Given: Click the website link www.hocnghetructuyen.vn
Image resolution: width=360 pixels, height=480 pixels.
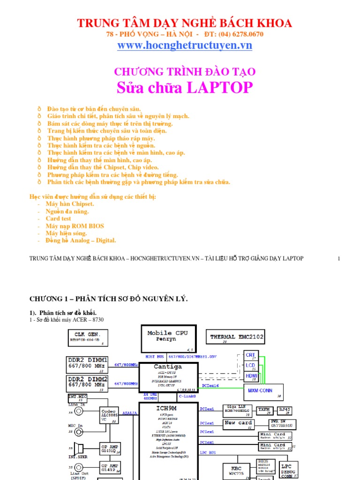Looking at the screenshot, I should click(x=185, y=45).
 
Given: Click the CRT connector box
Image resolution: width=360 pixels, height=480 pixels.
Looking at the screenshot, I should click(x=251, y=356).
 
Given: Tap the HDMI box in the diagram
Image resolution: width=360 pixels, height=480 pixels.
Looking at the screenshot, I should click(x=251, y=376).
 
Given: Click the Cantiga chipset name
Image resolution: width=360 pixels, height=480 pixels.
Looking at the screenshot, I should click(x=167, y=367).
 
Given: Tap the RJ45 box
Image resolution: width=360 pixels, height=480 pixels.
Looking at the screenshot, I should click(x=285, y=410).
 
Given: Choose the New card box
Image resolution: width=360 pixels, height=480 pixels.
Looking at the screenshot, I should click(x=239, y=423).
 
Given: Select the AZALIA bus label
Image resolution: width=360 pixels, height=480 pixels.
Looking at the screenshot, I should click(x=130, y=413).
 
